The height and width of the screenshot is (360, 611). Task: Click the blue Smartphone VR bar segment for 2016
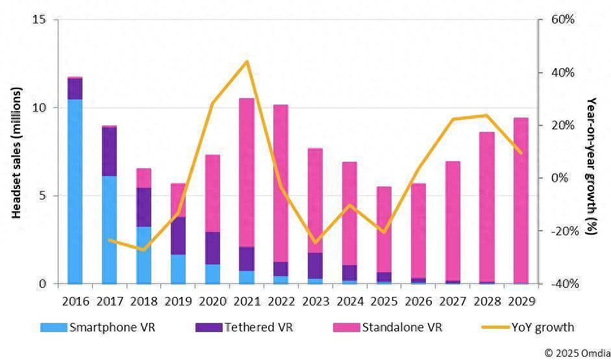coord(75,191)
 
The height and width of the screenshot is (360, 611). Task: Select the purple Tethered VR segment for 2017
coord(109,151)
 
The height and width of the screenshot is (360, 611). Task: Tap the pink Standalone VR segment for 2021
coord(247,172)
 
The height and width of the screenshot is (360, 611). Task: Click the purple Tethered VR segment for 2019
coord(178,236)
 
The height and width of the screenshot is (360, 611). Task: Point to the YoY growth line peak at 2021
coord(247,62)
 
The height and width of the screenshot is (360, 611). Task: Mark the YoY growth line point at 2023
coord(316,242)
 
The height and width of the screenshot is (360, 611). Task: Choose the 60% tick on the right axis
coord(563,19)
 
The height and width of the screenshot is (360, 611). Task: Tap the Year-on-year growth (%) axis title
coord(591,166)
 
